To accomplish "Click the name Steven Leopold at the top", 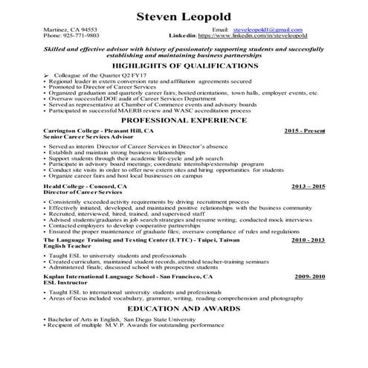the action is pos(183,16).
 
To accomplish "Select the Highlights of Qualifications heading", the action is pos(184,65).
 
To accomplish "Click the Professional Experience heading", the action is pos(184,120).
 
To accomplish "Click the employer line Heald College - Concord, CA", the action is pos(85,187).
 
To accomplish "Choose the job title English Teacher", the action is pos(68,247).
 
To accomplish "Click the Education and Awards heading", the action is pos(184,308).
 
